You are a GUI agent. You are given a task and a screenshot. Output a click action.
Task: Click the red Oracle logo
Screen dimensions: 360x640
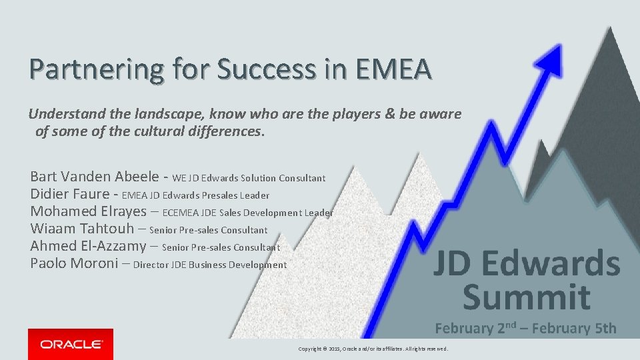(x=71, y=344)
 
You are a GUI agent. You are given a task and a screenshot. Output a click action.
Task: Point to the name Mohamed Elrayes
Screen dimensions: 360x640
(x=87, y=211)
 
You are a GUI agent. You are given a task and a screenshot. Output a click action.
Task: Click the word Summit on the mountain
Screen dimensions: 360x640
(x=526, y=297)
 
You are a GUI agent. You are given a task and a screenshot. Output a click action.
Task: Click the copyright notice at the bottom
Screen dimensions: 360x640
(x=373, y=349)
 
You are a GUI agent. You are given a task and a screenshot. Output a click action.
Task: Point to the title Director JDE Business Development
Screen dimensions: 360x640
(x=210, y=265)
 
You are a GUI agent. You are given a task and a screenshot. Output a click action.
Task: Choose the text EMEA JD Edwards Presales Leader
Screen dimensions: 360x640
(x=196, y=195)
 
